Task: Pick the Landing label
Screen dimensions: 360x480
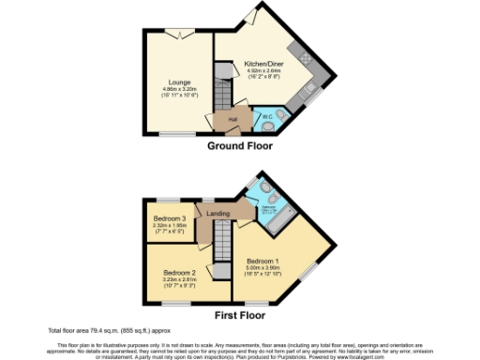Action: coord(218,214)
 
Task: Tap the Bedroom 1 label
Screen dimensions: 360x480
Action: coord(263,260)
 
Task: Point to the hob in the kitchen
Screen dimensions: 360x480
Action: coord(305,56)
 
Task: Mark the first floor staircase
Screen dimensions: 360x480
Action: coord(222,253)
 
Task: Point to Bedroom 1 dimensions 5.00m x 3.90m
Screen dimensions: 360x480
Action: coord(263,267)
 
